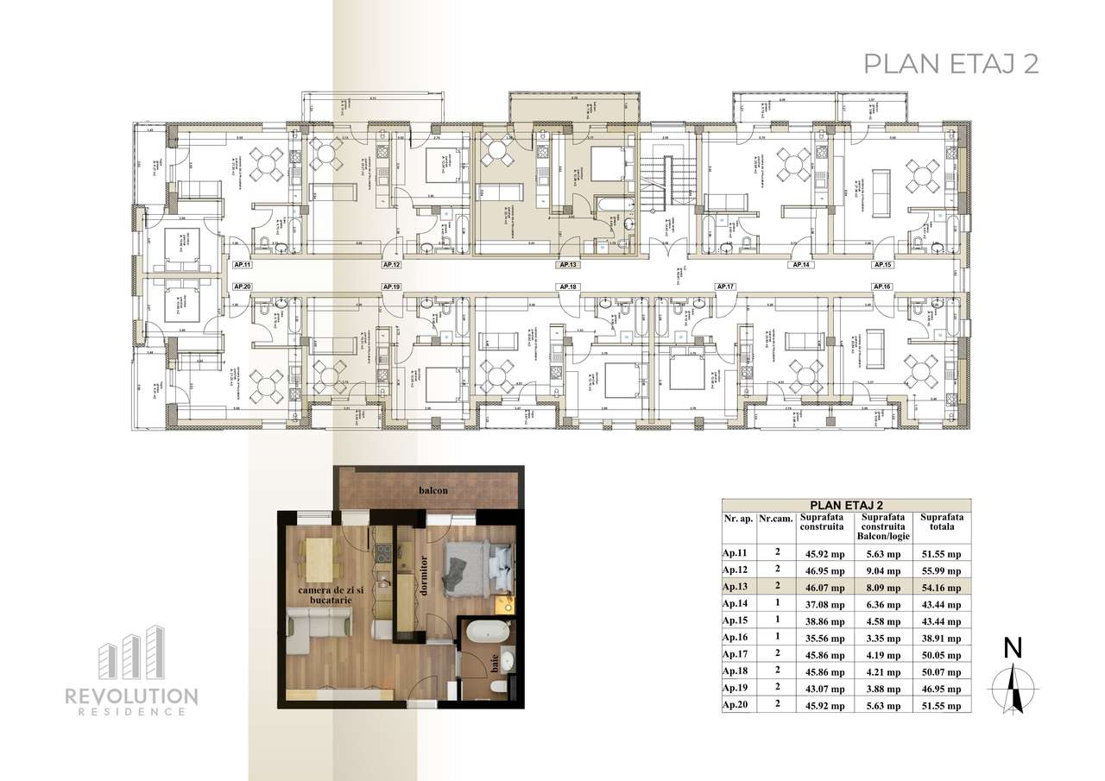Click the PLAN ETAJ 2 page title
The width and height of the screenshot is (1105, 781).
coord(950,64)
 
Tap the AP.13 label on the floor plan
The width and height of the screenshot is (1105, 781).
coord(567,265)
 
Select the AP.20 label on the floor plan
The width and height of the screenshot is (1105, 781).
coord(241,286)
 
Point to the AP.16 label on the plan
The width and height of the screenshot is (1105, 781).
coord(881,286)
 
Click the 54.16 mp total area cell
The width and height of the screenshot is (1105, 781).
coord(940,586)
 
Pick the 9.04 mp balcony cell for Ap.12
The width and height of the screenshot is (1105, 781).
coord(883,570)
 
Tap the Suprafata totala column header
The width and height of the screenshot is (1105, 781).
coord(941,524)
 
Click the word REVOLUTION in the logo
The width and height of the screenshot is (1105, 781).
coord(131,696)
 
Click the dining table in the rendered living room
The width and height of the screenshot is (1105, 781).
coord(320,557)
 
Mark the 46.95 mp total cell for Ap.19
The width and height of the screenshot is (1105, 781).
coord(940,689)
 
